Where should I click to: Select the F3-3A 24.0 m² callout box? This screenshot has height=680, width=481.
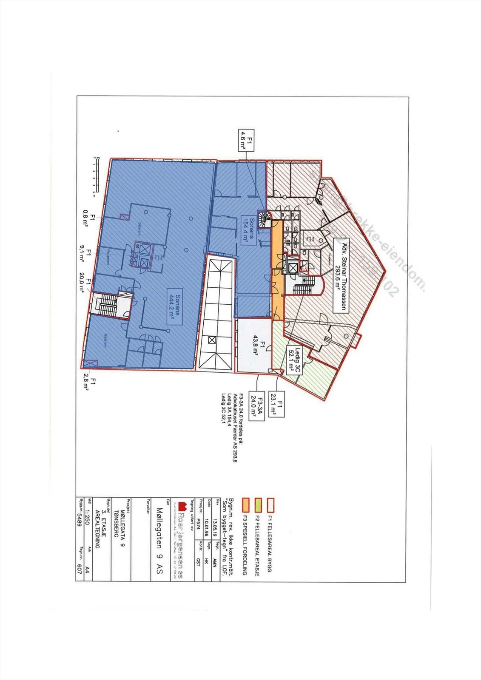coord(258,406)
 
